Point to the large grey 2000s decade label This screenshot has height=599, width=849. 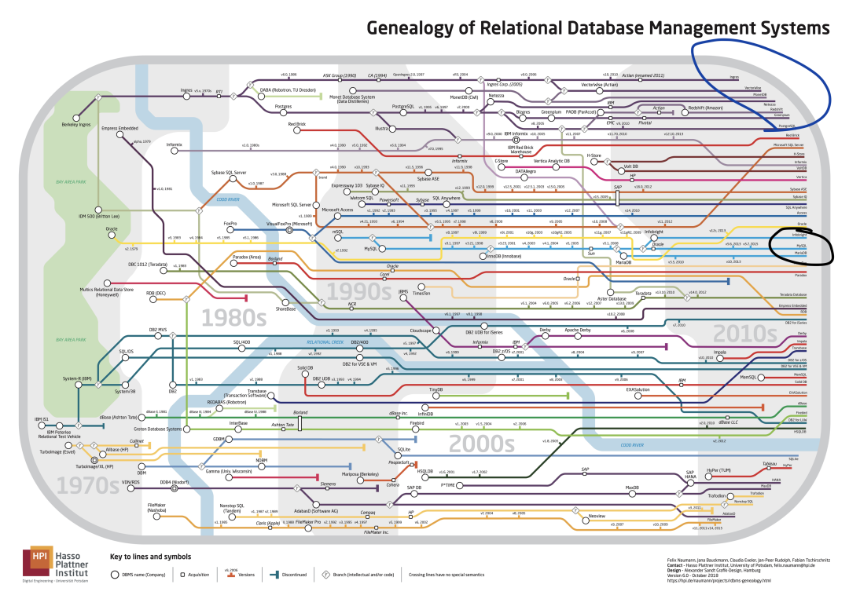pyautogui.click(x=481, y=444)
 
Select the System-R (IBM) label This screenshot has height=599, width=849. pyautogui.click(x=77, y=378)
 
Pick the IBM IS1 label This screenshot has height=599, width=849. pyautogui.click(x=42, y=419)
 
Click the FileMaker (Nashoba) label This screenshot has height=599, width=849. pyautogui.click(x=160, y=506)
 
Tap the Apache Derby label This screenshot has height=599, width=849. pyautogui.click(x=583, y=330)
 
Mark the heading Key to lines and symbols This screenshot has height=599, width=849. pyautogui.click(x=150, y=557)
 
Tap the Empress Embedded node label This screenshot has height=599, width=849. pyautogui.click(x=119, y=128)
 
